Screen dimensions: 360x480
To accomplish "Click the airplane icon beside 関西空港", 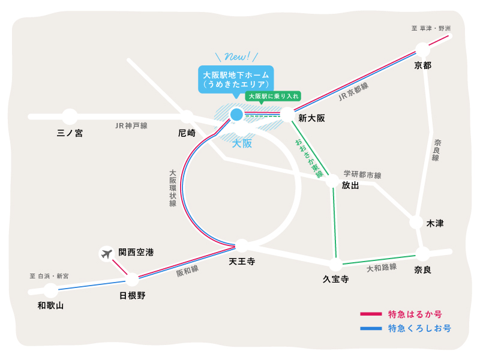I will pos(107,254).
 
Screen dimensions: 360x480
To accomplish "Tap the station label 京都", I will pos(422,65).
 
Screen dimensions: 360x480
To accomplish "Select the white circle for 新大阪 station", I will pos(287,114).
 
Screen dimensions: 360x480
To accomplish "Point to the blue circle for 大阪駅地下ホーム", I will pos(236,114).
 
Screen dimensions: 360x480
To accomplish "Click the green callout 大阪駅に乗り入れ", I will pos(273,95).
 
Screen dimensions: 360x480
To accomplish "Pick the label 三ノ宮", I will pos(70,133).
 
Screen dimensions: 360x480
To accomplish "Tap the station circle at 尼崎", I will pos(187,116).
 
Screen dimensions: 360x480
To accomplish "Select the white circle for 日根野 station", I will pos(132,279).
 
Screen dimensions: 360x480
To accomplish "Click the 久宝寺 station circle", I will pos(335,264).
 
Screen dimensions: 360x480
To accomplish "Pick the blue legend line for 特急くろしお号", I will pos(371,328).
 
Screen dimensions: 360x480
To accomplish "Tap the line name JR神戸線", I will pos(131,125).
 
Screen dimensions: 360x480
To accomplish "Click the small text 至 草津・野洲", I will pos(430,28).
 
